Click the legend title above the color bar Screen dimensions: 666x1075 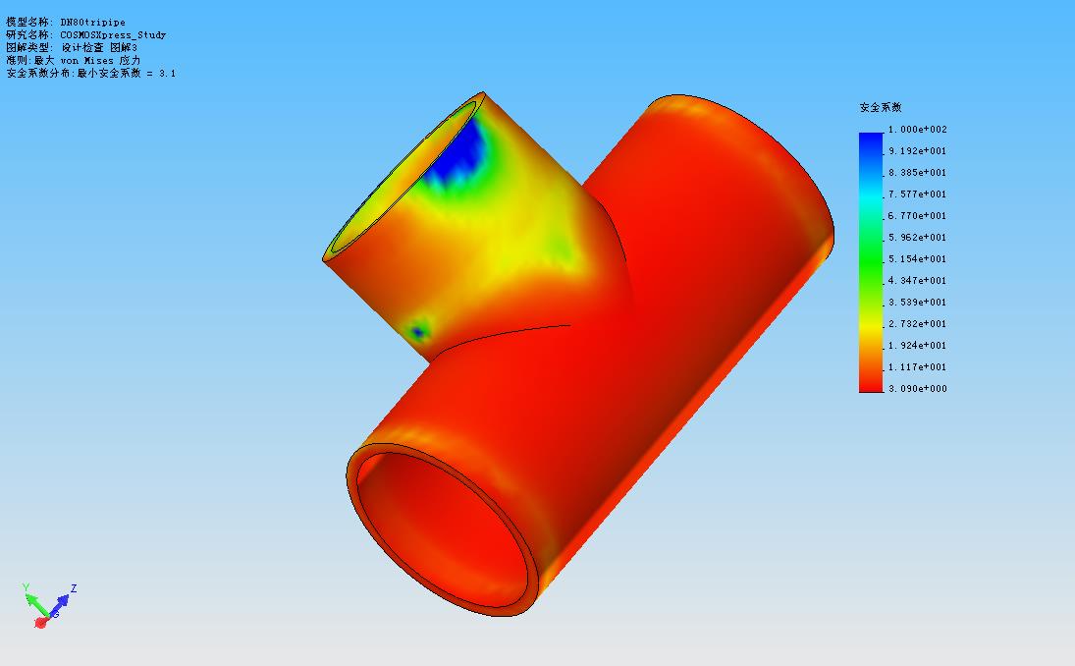pyautogui.click(x=880, y=107)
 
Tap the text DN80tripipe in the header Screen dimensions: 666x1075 pyautogui.click(x=93, y=22)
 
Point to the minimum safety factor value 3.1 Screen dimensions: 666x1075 pyautogui.click(x=168, y=73)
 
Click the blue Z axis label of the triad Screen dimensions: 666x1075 pyautogui.click(x=74, y=589)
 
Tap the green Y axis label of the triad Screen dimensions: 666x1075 pyautogui.click(x=26, y=587)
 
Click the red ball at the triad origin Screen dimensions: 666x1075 pyautogui.click(x=40, y=622)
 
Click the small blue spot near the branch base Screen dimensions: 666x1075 pyautogui.click(x=419, y=332)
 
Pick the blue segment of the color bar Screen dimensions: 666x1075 pyautogui.click(x=871, y=147)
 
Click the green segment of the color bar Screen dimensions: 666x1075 pyautogui.click(x=871, y=259)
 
